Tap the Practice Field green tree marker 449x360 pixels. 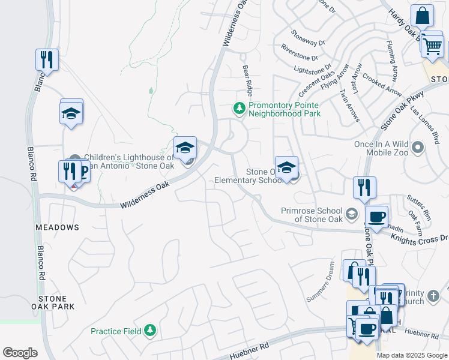pos(150,331)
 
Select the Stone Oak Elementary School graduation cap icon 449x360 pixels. pos(287,168)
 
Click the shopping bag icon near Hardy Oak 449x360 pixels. pos(422,17)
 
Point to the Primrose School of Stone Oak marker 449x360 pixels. pos(352,214)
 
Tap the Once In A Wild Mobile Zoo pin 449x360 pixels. pos(434,144)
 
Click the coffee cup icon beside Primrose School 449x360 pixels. pos(376,217)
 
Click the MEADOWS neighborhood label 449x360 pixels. pos(57,227)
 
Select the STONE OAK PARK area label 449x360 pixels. pos(56,302)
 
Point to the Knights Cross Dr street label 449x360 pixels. pos(420,239)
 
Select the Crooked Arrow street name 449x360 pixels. pos(383,86)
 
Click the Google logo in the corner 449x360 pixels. pos(20,353)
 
